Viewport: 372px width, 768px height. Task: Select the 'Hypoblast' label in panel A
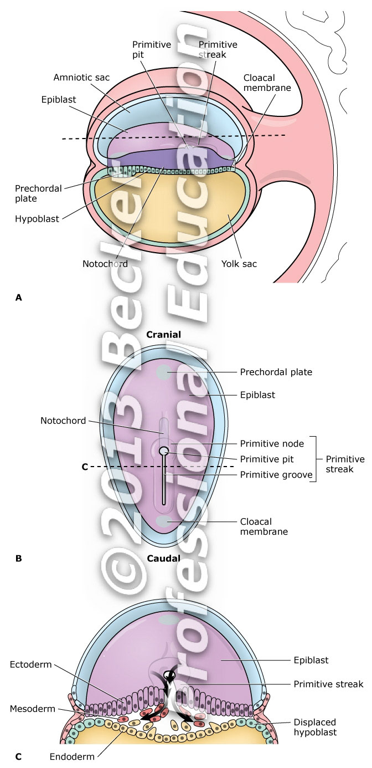[38, 219]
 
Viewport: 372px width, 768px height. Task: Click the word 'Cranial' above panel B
[163, 334]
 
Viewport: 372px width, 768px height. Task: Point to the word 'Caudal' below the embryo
[163, 558]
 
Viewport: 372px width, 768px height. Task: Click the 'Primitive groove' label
[276, 474]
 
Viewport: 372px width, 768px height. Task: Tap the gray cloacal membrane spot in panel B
[164, 521]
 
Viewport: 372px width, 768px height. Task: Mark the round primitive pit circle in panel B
[164, 451]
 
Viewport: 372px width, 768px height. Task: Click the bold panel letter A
[18, 298]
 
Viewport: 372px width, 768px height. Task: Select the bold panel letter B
[18, 559]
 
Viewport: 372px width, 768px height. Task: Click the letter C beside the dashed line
[85, 467]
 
